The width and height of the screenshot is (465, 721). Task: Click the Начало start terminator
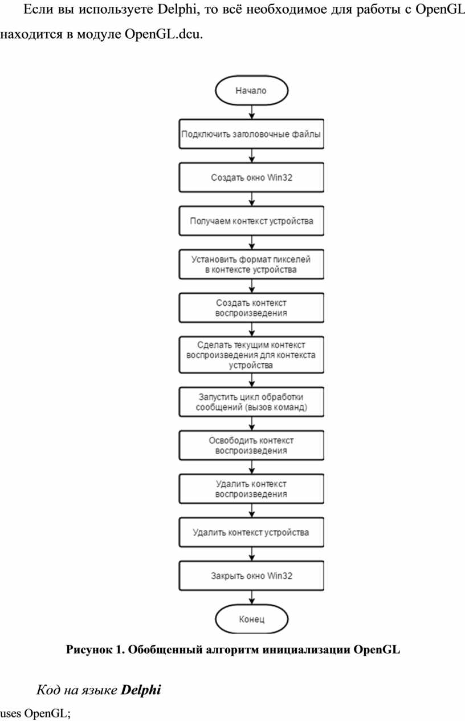click(251, 91)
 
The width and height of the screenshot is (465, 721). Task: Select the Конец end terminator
click(251, 619)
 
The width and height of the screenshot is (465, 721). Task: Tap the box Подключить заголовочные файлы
click(251, 134)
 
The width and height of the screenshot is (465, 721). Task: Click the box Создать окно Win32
click(251, 177)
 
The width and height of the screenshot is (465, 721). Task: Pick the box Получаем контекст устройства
click(251, 221)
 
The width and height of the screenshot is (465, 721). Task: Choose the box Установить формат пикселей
click(251, 264)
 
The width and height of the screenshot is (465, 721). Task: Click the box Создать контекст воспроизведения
click(251, 307)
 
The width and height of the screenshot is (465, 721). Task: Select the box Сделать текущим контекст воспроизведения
click(251, 355)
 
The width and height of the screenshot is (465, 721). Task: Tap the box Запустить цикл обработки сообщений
click(251, 402)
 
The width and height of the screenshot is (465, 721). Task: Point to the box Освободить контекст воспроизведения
click(251, 445)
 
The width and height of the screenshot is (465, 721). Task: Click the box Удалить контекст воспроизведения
click(251, 489)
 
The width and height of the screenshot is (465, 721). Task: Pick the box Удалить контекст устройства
click(251, 532)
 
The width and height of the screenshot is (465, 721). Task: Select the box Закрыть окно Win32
click(251, 576)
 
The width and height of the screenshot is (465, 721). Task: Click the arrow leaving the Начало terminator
click(252, 112)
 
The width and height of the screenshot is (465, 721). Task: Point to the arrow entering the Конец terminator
click(252, 597)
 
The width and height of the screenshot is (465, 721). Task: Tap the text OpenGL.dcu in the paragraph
click(164, 34)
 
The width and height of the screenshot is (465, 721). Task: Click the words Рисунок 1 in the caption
click(96, 650)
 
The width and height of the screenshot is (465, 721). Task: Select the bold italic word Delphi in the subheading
click(141, 690)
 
